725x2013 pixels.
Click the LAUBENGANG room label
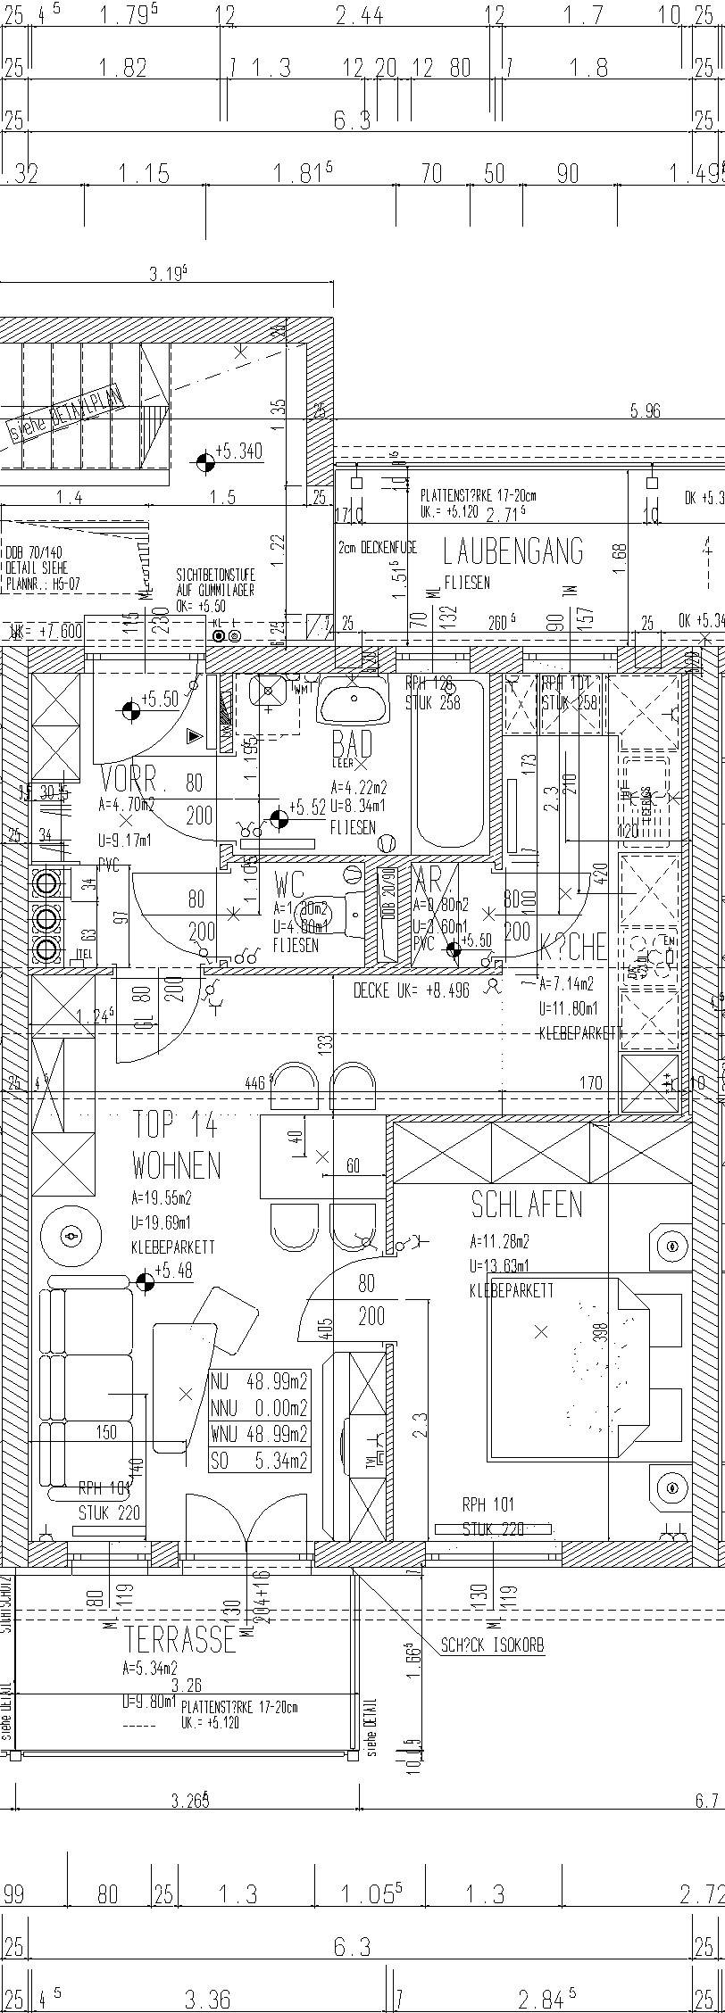point(512,552)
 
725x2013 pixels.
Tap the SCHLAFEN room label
point(526,1205)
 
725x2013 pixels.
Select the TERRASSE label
point(179,1639)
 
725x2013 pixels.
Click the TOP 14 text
point(175,1125)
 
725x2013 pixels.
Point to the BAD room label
point(351,743)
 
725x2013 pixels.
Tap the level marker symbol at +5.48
point(145,1282)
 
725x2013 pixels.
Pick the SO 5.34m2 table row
point(259,1461)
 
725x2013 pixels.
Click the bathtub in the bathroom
point(450,763)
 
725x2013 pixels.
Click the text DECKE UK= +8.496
point(411,990)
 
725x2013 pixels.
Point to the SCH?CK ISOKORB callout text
point(492,1644)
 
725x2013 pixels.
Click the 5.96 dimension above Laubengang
point(645,411)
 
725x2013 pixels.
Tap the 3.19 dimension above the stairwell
point(168,274)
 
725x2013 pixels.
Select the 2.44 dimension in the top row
point(359,15)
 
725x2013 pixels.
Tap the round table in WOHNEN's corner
point(71,1237)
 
